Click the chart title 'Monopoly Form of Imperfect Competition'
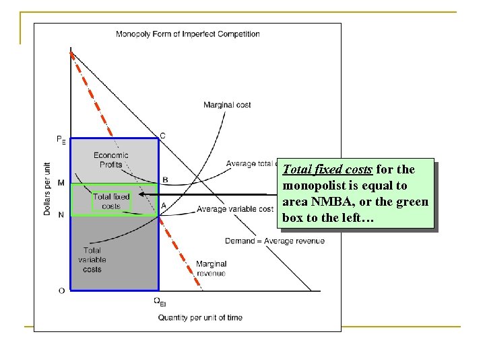coord(188,34)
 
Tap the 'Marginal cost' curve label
coord(227,105)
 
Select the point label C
coord(162,136)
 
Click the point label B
coord(165,180)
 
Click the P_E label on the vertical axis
coord(61,140)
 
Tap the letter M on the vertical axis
coord(61,183)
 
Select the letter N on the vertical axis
coord(61,214)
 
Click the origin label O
coord(61,291)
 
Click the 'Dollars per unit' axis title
coord(47,189)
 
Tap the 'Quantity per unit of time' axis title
coord(200,317)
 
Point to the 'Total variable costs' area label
coord(92,260)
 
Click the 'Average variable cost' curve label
coord(235,210)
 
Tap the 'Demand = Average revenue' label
coord(274,241)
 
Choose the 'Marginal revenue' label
coord(211,269)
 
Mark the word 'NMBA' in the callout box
coord(332,202)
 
